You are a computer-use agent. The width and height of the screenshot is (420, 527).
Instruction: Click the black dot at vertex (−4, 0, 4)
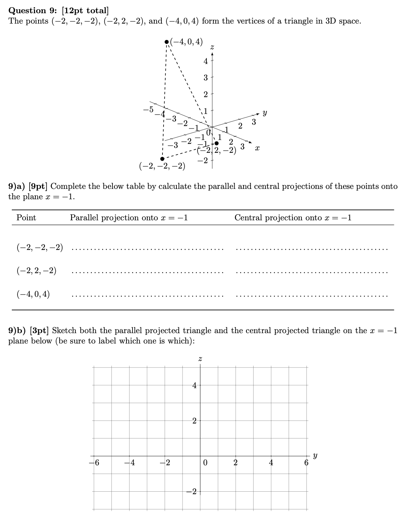coord(166,42)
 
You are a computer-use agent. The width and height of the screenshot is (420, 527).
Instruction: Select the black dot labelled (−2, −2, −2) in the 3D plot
coord(162,159)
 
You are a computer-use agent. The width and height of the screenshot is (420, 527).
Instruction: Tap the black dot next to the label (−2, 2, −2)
coord(216,143)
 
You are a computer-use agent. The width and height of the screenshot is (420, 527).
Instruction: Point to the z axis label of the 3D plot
coord(212,47)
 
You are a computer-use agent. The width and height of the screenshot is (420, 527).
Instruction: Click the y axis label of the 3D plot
coord(265,114)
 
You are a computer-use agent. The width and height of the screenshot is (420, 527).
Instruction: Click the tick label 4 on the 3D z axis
coord(205,61)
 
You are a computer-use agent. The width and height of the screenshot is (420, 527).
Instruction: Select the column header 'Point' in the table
coord(26,218)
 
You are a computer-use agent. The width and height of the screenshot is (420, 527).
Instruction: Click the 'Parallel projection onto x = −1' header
coord(129,218)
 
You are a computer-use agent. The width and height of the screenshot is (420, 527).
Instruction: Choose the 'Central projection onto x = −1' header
coord(293,218)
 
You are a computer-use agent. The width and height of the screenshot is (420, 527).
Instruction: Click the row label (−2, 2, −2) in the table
coord(36,271)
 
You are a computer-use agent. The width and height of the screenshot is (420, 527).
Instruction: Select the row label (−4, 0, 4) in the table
coord(33,295)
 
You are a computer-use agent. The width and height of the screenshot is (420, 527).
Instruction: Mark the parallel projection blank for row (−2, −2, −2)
coord(147,249)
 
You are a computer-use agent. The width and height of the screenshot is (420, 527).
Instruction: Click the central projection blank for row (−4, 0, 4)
coord(311,296)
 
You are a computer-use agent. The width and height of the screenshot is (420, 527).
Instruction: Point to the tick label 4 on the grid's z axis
coord(194,385)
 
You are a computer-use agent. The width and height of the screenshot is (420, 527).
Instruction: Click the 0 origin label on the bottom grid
coord(205,463)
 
